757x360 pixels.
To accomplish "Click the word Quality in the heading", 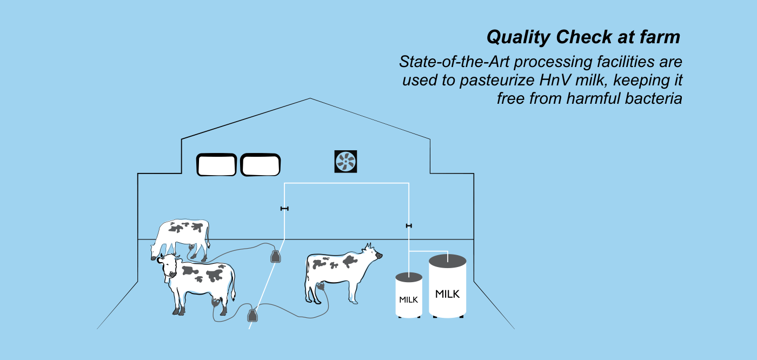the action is [519, 37].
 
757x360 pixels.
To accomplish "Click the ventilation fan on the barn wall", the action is [346, 162].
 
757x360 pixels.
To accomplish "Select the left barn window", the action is [216, 165].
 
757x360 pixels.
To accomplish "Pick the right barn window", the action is [260, 165].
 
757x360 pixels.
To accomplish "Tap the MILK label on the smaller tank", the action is [409, 300].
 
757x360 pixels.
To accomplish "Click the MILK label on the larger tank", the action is [448, 294].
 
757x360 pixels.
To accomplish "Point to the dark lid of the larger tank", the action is [448, 261].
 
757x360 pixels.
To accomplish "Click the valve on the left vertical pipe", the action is [284, 209].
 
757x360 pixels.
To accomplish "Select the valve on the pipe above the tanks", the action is [409, 226].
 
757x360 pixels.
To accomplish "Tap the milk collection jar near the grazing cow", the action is [276, 256].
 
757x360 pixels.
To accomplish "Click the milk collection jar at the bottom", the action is [253, 316].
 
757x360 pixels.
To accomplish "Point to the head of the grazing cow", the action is [156, 251].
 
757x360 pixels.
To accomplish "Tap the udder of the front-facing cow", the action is [215, 302].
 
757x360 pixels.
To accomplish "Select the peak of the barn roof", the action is [310, 98].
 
